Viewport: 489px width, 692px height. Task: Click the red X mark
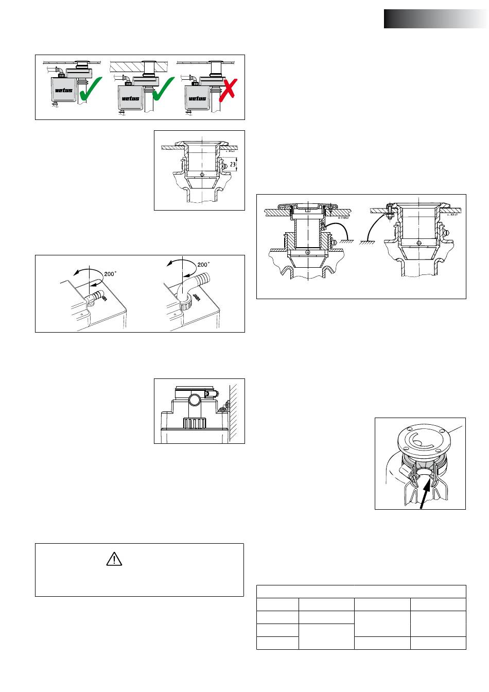click(x=228, y=88)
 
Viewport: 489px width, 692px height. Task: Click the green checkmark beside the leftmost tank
click(x=91, y=88)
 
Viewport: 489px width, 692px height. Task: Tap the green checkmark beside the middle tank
click(x=163, y=89)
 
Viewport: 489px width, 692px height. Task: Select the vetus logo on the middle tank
click(x=130, y=98)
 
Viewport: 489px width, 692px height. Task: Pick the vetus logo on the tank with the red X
click(x=197, y=98)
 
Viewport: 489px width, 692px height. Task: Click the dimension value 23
click(x=233, y=165)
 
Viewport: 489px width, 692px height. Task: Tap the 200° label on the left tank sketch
click(x=110, y=274)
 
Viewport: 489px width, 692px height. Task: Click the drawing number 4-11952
click(x=344, y=218)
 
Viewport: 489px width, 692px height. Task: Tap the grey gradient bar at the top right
click(x=435, y=19)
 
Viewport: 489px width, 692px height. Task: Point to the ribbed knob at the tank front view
click(x=195, y=424)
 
